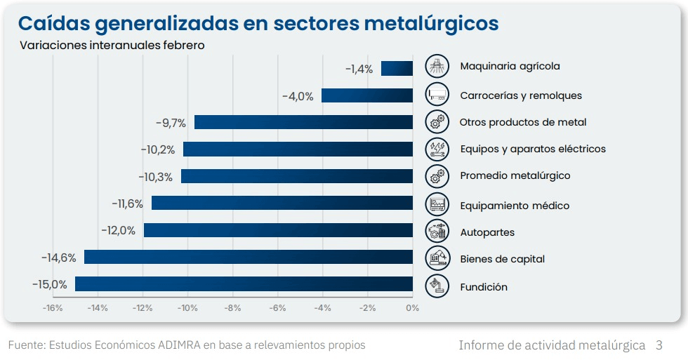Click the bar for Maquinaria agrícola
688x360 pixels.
click(x=397, y=68)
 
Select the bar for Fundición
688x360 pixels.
click(x=244, y=284)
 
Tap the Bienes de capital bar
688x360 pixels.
click(x=249, y=257)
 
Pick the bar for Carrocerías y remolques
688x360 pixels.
click(x=367, y=95)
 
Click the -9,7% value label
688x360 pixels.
click(x=171, y=123)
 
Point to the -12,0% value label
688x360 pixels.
click(x=118, y=230)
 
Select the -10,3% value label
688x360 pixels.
click(x=155, y=177)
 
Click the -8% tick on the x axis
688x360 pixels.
click(x=232, y=308)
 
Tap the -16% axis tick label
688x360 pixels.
click(x=53, y=308)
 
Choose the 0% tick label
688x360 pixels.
click(x=413, y=308)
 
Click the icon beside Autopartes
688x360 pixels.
click(x=437, y=231)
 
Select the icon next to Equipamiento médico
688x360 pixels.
click(x=437, y=204)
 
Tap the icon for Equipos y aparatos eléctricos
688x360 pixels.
click(x=437, y=149)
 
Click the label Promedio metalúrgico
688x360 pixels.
click(x=515, y=175)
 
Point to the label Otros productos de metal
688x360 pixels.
click(x=523, y=122)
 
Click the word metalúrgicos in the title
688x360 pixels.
click(x=431, y=23)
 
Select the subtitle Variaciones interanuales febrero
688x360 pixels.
click(x=112, y=46)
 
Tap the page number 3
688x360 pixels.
click(x=659, y=345)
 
